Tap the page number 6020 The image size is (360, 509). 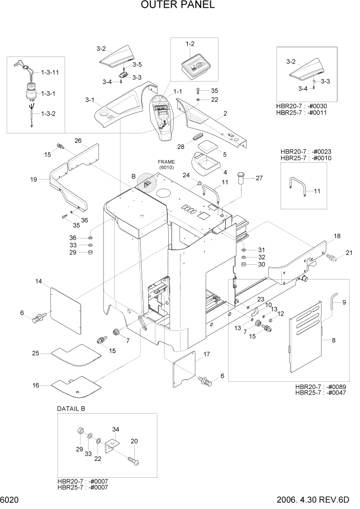pos(10,500)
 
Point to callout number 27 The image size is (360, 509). pos(258,178)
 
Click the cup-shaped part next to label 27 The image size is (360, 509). pos(242,180)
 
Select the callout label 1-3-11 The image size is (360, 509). pos(50,73)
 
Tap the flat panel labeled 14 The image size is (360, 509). pos(66,310)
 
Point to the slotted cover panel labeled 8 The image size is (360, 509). pos(306,339)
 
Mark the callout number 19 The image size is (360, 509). pos(34,180)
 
